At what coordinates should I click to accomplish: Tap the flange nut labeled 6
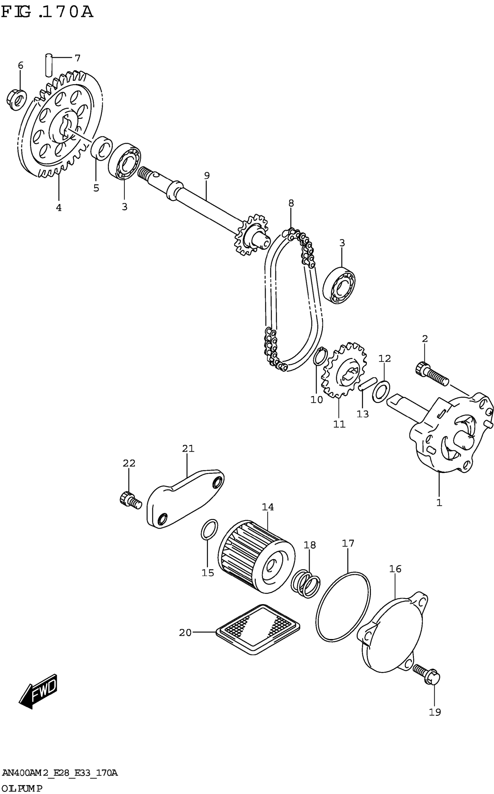[17, 99]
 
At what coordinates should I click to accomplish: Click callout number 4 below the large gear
[59, 208]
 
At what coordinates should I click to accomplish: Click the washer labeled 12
[381, 391]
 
